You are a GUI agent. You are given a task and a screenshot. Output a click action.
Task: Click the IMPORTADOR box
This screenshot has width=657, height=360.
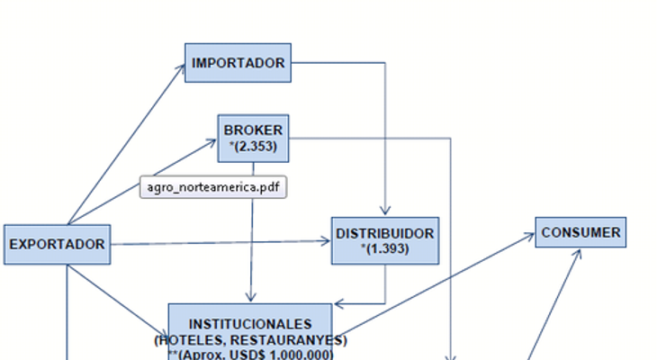pyautogui.click(x=238, y=63)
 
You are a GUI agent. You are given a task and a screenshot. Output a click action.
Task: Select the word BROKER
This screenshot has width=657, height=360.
pyautogui.click(x=253, y=130)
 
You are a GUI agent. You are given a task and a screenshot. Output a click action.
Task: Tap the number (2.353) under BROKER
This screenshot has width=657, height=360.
pyautogui.click(x=253, y=147)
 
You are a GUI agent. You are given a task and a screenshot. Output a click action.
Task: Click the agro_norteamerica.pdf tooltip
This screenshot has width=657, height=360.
pyautogui.click(x=213, y=187)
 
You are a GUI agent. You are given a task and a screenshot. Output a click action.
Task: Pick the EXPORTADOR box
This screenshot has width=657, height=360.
pyautogui.click(x=58, y=244)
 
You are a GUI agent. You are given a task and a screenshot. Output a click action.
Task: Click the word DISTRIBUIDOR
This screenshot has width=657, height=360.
pyautogui.click(x=385, y=233)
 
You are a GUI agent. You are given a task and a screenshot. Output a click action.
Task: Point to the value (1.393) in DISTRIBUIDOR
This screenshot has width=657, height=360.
pyautogui.click(x=385, y=249)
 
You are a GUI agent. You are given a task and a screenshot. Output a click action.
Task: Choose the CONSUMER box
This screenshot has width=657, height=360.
pyautogui.click(x=580, y=232)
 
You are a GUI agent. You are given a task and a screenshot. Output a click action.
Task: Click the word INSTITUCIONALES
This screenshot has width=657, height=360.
pyautogui.click(x=250, y=324)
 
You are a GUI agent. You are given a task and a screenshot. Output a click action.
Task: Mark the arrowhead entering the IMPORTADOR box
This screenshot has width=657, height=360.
pyautogui.click(x=182, y=67)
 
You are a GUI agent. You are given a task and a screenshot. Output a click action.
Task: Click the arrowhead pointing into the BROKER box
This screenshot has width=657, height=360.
pyautogui.click(x=213, y=142)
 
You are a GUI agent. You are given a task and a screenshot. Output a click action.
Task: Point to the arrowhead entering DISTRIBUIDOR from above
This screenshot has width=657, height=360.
pyautogui.click(x=385, y=211)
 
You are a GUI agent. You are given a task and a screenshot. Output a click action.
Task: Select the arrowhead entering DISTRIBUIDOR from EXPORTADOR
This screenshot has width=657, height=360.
pyautogui.click(x=326, y=241)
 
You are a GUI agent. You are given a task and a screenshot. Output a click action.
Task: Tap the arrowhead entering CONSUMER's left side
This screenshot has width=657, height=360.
pyautogui.click(x=530, y=236)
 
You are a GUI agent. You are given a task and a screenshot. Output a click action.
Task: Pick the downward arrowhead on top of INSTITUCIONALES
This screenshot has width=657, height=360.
pyautogui.click(x=250, y=297)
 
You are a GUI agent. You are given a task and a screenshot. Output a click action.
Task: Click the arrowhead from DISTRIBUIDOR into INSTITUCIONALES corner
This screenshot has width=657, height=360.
pyautogui.click(x=339, y=304)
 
